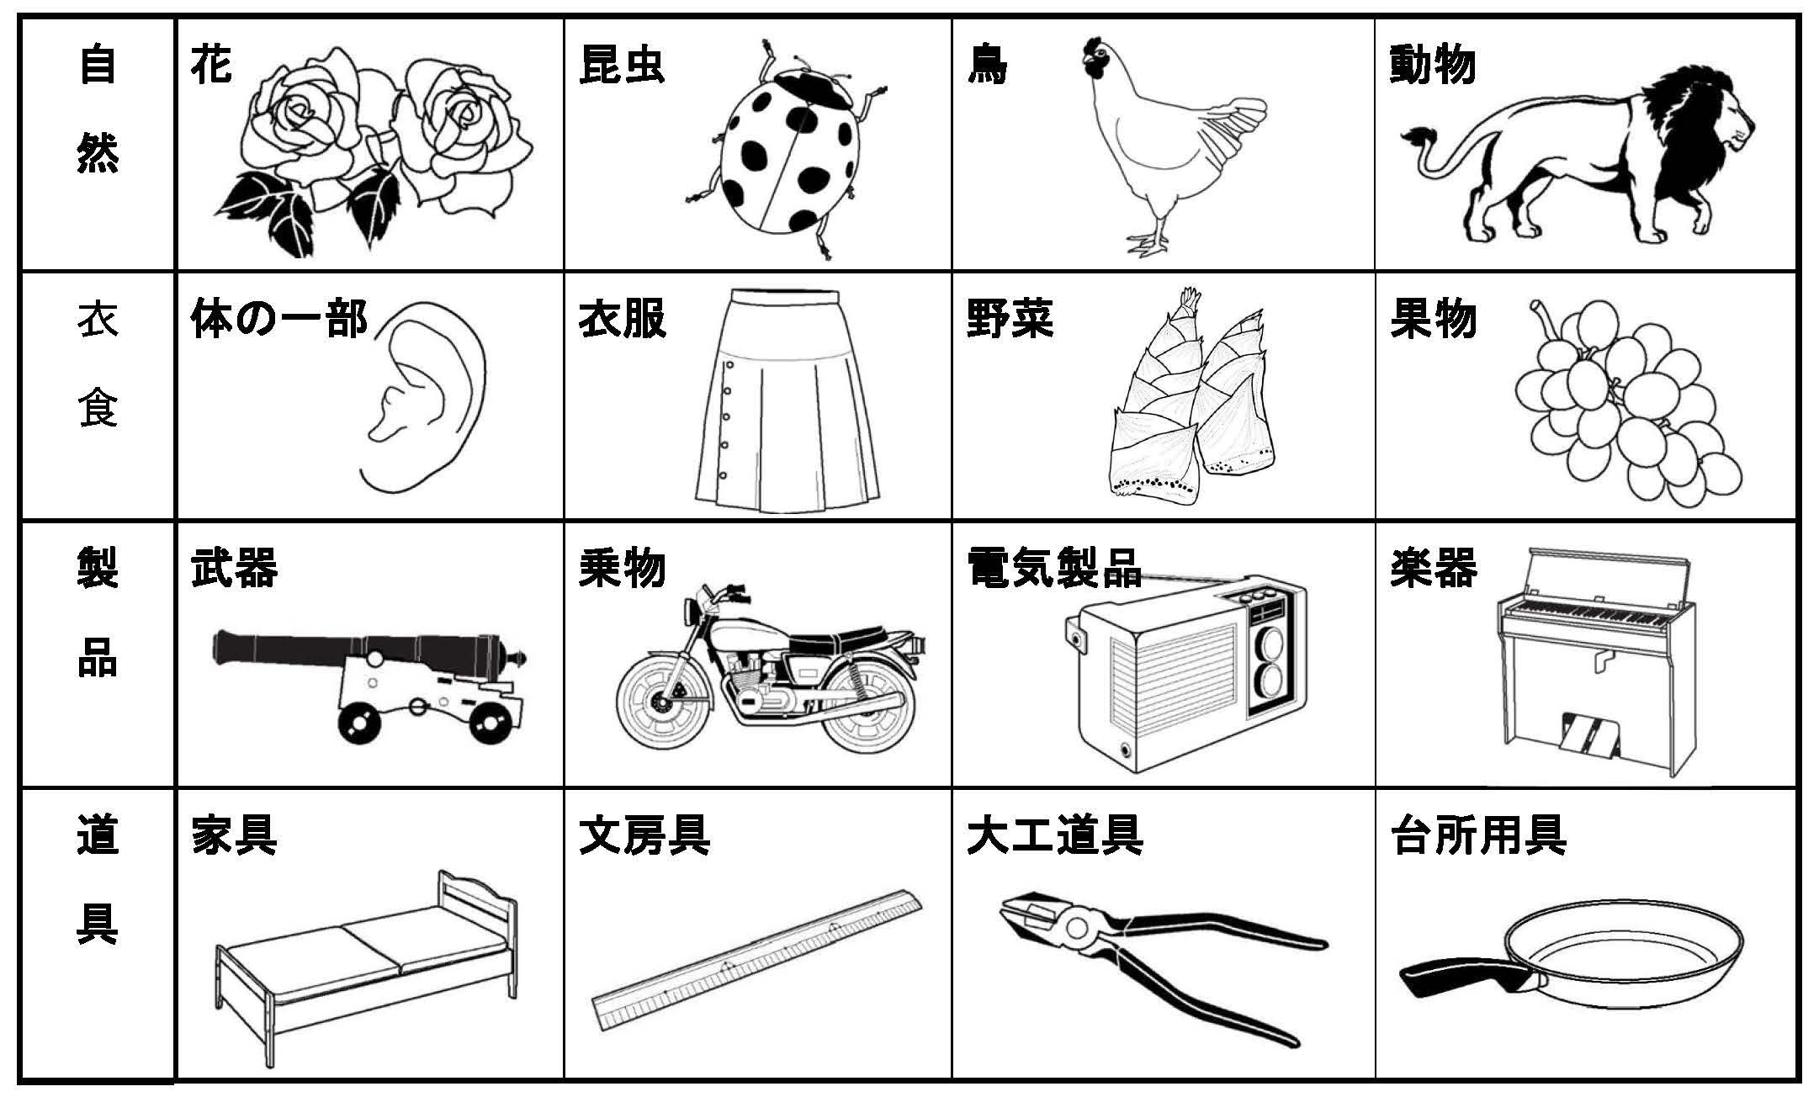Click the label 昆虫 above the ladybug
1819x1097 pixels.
(622, 65)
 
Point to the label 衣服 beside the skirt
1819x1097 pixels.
(622, 321)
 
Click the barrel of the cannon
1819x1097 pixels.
(362, 649)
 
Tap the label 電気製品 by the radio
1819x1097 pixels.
(1055, 568)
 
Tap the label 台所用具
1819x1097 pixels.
(1477, 835)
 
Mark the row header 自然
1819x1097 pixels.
(98, 109)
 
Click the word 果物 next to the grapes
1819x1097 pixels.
(1433, 320)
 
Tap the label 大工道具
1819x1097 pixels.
(1055, 835)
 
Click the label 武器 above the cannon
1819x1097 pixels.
(234, 568)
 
